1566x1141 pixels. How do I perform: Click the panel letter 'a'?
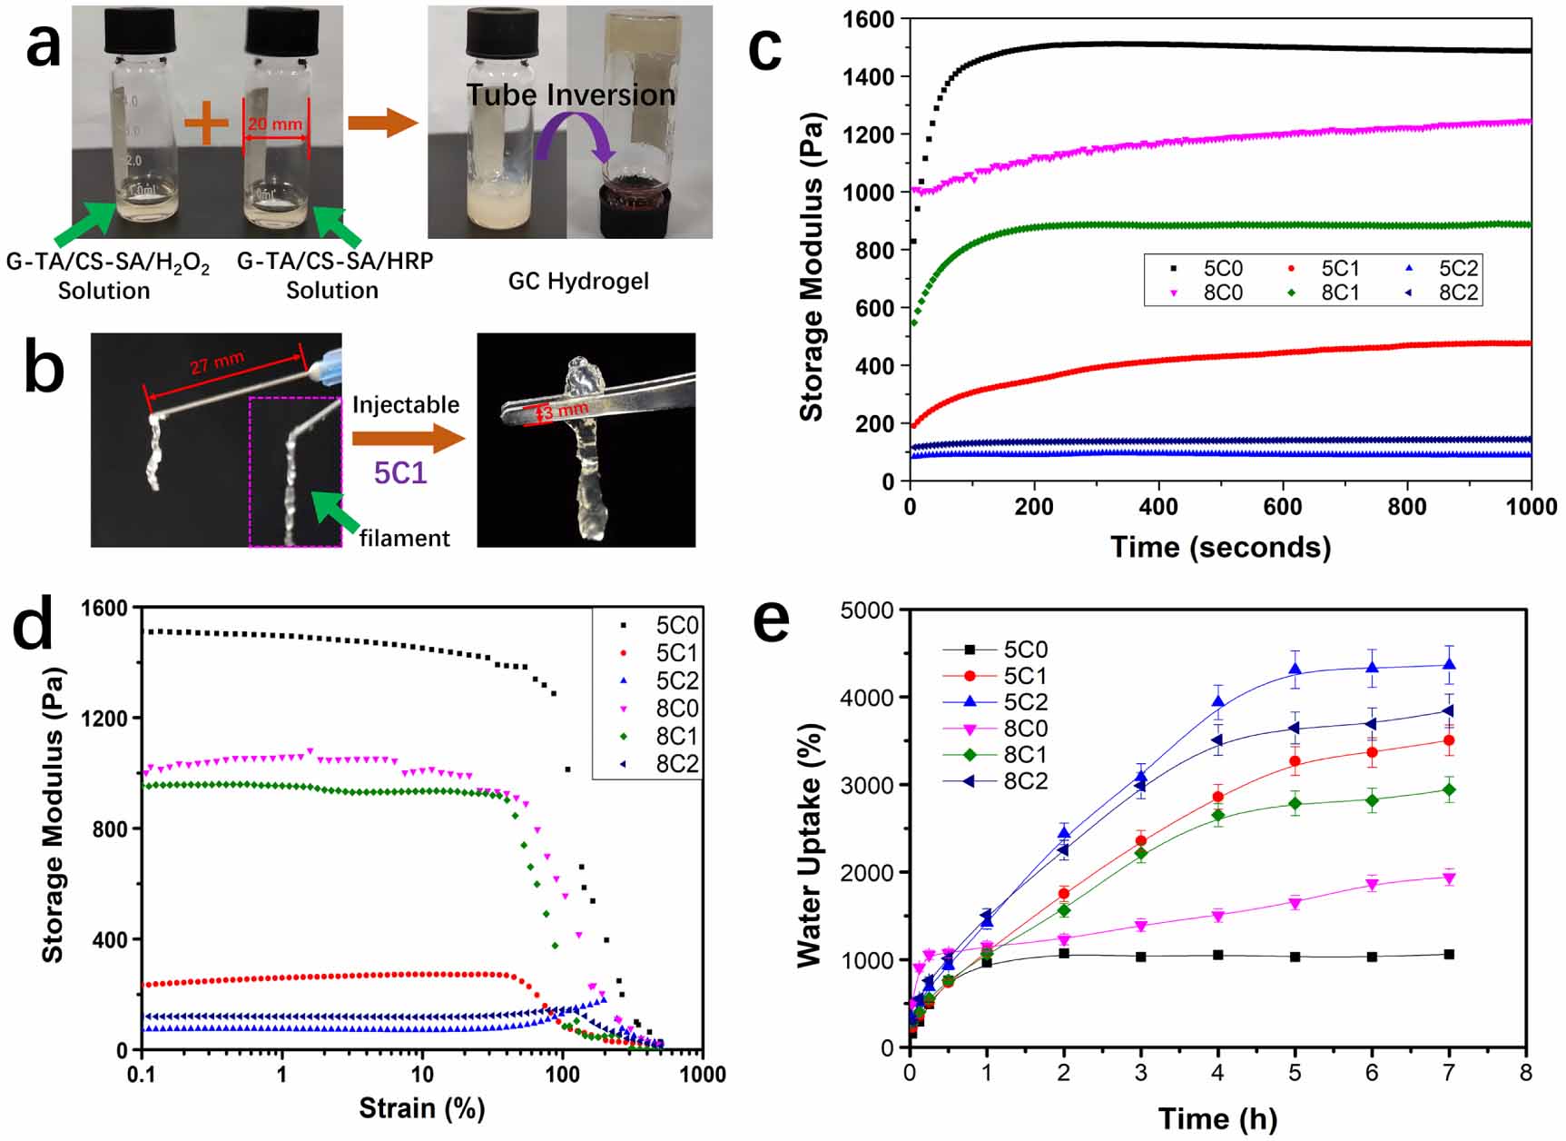pyautogui.click(x=43, y=45)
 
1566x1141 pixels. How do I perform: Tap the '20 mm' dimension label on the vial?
pyautogui.click(x=275, y=124)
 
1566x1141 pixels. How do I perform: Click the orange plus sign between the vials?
pyautogui.click(x=207, y=123)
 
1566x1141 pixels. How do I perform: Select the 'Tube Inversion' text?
pyautogui.click(x=571, y=94)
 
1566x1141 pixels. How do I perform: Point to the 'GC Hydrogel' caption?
pyautogui.click(x=578, y=281)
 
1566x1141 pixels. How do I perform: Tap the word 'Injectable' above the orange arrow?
pyautogui.click(x=406, y=404)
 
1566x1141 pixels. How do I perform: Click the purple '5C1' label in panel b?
pyautogui.click(x=399, y=473)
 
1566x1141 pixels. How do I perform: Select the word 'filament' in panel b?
pyautogui.click(x=404, y=539)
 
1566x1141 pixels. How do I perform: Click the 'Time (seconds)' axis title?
pyautogui.click(x=1220, y=547)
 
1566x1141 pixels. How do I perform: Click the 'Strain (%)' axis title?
pyautogui.click(x=421, y=1108)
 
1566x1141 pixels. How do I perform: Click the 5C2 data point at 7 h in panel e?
pyautogui.click(x=1449, y=665)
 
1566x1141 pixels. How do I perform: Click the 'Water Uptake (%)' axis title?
pyautogui.click(x=810, y=845)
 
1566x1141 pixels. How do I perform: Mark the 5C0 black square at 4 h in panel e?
pyautogui.click(x=1217, y=955)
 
